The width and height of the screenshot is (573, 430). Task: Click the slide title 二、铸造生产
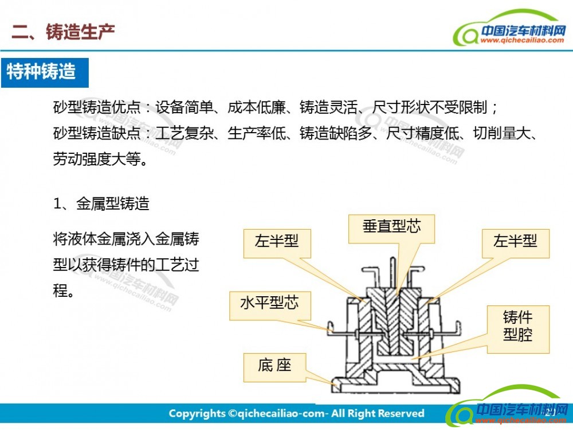coord(63,32)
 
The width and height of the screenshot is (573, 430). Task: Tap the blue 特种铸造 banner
coord(45,72)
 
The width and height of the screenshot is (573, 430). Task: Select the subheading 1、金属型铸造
coord(101,204)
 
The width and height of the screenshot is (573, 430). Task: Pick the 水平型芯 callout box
coord(270,306)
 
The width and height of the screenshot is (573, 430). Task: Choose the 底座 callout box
coord(274,367)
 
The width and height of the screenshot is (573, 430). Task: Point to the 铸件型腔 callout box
coord(518,329)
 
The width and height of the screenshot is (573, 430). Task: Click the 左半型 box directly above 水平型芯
coord(277,243)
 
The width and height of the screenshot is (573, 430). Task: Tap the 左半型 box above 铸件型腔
coord(515,243)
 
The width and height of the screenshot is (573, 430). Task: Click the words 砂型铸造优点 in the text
coord(97,107)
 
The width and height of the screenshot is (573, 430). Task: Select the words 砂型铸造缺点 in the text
coord(97,133)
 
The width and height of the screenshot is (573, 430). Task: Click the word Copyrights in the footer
coord(197,414)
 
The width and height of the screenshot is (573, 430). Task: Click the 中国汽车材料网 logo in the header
coord(510,29)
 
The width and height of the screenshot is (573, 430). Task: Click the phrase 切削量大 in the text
coord(502,133)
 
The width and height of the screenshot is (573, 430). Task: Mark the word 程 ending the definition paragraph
coord(60,291)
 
